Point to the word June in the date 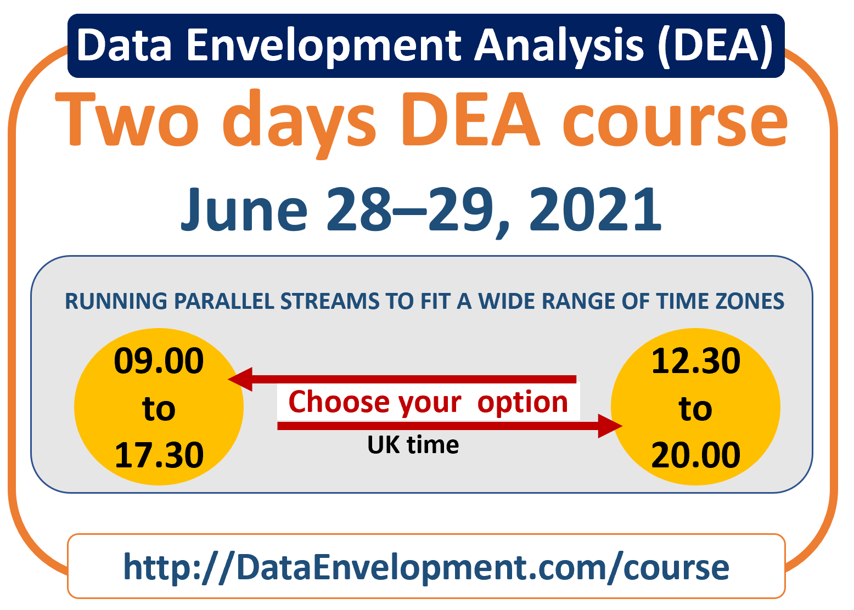244,209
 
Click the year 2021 595,209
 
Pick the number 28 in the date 359,209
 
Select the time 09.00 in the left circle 159,360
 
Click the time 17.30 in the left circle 159,455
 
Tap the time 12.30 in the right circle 696,360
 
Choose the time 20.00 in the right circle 696,455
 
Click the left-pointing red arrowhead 241,379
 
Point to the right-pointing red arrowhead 610,426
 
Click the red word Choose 339,402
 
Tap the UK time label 413,445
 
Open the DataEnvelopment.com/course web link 426,568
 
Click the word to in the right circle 695,409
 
